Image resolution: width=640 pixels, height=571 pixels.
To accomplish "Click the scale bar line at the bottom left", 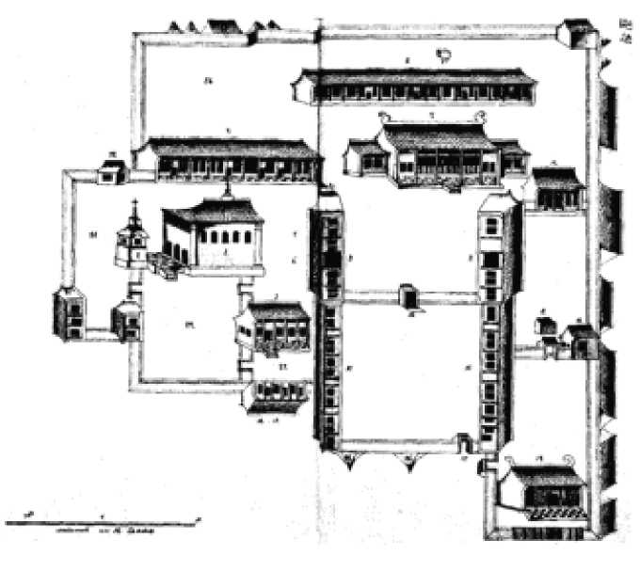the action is coord(104,519).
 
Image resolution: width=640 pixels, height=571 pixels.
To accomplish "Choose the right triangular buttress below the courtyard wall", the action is coord(412,458).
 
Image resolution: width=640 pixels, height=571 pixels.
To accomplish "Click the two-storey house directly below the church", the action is coord(275,325).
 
